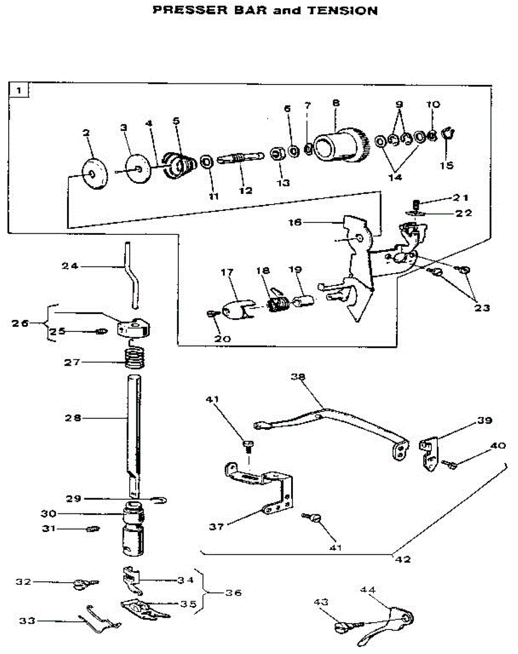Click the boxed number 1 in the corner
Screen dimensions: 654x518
click(x=19, y=90)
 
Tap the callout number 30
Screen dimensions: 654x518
click(x=49, y=513)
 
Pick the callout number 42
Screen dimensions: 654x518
click(x=403, y=559)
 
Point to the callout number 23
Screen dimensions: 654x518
click(x=481, y=308)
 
